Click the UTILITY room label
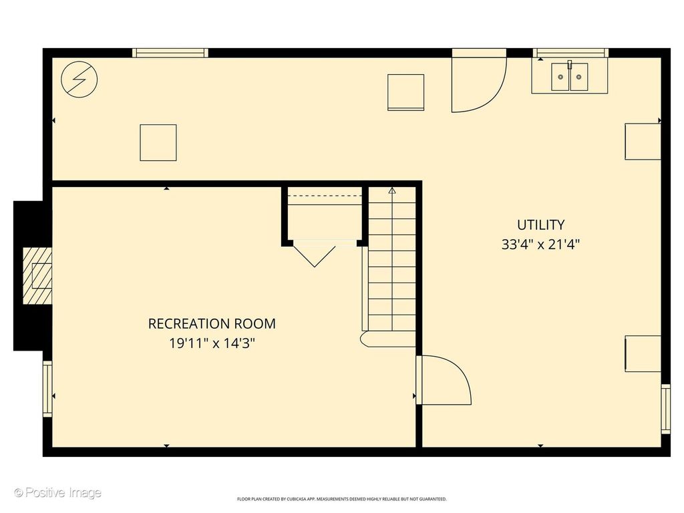(x=540, y=224)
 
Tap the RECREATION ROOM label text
(x=212, y=324)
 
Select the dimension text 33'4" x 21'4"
(x=540, y=244)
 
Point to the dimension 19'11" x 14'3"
(x=212, y=343)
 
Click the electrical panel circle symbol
(x=79, y=79)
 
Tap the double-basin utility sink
(x=569, y=76)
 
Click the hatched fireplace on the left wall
(x=37, y=276)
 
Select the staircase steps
(x=392, y=262)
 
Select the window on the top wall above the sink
(x=570, y=53)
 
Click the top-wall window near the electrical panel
(x=170, y=53)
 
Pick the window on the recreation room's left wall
(x=47, y=389)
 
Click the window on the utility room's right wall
(x=666, y=408)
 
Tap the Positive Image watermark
(x=57, y=493)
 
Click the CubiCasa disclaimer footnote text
(x=342, y=499)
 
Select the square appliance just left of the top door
(x=405, y=92)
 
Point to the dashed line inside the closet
(x=325, y=196)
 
